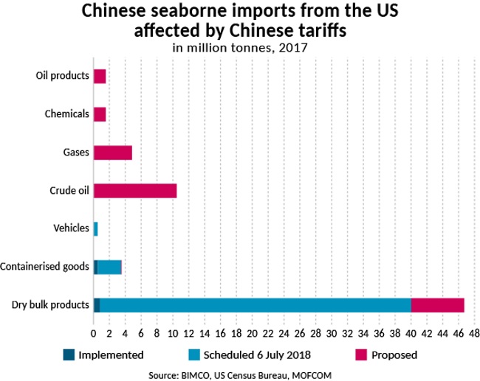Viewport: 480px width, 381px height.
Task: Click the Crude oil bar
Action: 135,190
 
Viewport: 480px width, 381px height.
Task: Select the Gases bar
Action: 113,153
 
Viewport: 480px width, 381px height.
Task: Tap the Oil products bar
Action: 100,76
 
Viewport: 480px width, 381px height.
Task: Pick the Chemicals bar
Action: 100,114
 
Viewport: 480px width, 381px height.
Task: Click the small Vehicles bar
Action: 95,228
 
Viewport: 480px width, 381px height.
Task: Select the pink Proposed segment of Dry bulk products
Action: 437,305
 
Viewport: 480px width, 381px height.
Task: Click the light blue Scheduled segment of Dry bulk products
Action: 255,305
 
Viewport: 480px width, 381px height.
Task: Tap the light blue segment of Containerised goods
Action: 109,267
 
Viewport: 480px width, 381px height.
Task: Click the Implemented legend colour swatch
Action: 70,354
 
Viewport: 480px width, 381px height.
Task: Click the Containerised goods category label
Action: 45,267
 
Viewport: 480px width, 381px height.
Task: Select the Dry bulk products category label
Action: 51,305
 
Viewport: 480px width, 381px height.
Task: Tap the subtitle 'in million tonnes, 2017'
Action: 239,49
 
